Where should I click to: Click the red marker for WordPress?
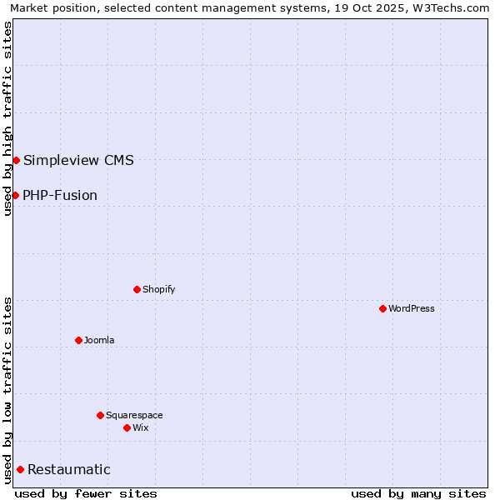(382, 308)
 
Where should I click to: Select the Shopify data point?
(137, 289)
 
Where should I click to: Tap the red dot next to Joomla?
(78, 340)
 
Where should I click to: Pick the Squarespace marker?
(100, 415)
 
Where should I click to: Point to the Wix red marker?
(127, 427)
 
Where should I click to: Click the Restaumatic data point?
(20, 469)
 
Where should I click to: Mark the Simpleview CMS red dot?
(16, 160)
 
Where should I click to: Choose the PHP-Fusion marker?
(15, 195)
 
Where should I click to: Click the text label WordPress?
(412, 308)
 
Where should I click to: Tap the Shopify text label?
(158, 289)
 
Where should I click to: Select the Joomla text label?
(99, 340)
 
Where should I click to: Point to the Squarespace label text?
(134, 415)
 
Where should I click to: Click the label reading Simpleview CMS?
(78, 160)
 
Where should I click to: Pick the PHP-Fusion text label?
(60, 195)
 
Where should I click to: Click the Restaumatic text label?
(69, 469)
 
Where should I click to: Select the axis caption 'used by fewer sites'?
(86, 493)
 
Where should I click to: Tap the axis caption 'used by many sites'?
(418, 493)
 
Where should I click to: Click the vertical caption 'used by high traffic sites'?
(7, 118)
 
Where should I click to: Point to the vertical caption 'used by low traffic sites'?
(7, 389)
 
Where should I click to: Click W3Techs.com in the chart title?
(451, 7)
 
